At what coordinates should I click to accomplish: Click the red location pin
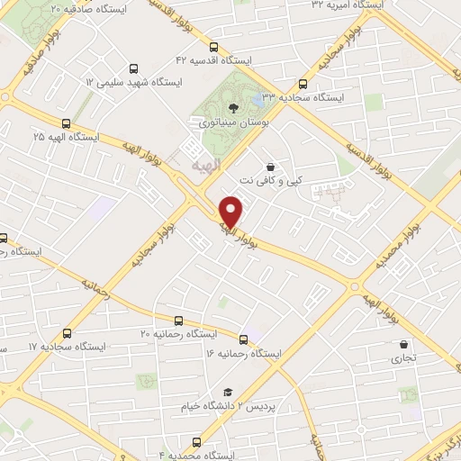pos(232,211)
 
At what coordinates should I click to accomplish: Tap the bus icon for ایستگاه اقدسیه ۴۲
pos(213,48)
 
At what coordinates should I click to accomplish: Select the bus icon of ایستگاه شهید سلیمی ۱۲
pos(134,68)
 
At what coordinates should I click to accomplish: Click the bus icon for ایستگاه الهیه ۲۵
pos(66,123)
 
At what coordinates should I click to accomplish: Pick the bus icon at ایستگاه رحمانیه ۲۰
pos(179,321)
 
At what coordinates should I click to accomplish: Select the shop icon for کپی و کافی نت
pos(270,167)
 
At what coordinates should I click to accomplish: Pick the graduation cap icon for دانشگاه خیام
pos(228,392)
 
